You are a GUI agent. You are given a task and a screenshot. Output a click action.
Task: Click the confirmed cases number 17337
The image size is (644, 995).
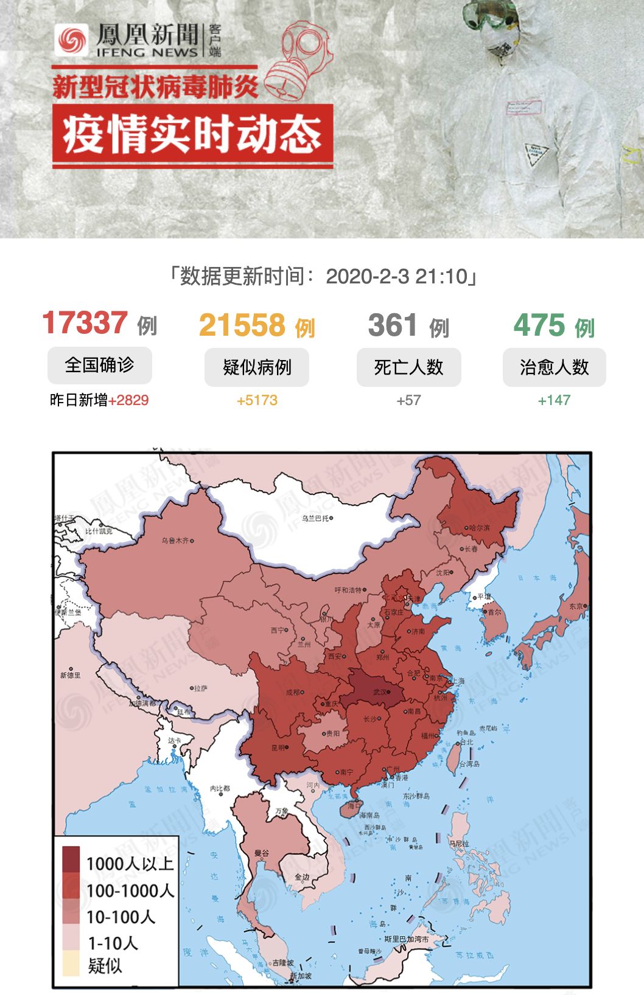pyautogui.click(x=85, y=323)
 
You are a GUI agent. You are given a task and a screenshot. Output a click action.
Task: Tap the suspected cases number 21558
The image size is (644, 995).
pyautogui.click(x=242, y=325)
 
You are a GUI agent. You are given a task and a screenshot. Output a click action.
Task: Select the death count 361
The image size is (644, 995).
pyautogui.click(x=393, y=325)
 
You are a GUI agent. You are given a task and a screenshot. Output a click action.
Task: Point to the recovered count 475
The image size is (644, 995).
pyautogui.click(x=539, y=325)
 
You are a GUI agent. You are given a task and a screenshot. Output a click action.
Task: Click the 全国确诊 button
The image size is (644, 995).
pyautogui.click(x=99, y=365)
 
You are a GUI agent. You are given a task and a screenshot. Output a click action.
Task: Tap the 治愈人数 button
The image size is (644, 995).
pyautogui.click(x=554, y=367)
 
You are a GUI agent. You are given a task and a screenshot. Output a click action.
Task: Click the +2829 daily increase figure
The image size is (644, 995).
pyautogui.click(x=128, y=400)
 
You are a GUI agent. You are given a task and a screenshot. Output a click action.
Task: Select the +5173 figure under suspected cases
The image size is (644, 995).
pyautogui.click(x=257, y=400)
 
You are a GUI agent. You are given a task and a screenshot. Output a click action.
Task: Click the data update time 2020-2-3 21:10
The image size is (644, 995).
pyautogui.click(x=396, y=277)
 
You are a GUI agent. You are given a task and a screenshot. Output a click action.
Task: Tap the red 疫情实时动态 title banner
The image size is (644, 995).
pyautogui.click(x=192, y=135)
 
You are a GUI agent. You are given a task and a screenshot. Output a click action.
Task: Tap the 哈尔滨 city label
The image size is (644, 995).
pyautogui.click(x=479, y=528)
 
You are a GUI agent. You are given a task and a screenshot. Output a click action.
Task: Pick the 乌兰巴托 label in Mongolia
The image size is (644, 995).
pyautogui.click(x=315, y=518)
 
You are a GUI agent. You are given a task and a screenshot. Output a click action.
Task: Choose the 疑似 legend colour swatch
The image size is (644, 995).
pyautogui.click(x=71, y=965)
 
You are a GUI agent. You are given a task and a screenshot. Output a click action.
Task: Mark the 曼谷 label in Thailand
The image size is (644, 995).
pyautogui.click(x=262, y=853)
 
